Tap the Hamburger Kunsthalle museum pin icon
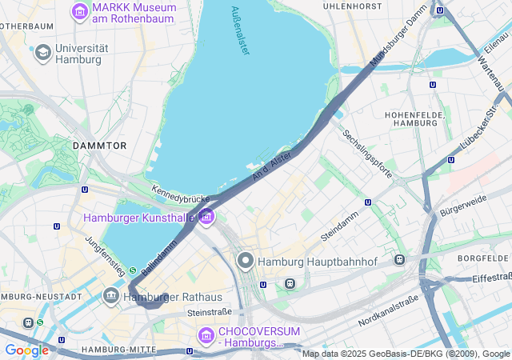tap(207, 216)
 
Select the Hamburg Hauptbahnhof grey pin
tap(245, 262)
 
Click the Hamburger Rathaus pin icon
tap(111, 296)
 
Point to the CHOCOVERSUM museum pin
tap(206, 334)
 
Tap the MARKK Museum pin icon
tap(79, 11)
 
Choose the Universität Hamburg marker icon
tap(42, 53)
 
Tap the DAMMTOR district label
tap(99, 146)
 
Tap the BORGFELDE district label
tap(483, 258)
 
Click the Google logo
tap(26, 350)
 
